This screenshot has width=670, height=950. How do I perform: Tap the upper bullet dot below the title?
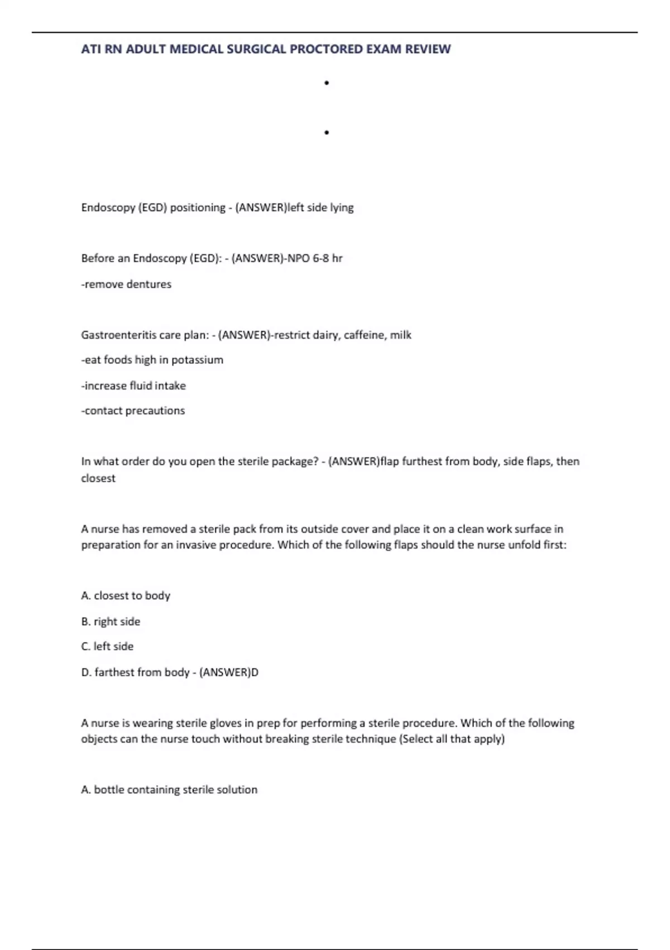(x=327, y=83)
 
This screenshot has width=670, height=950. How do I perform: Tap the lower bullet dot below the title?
(x=327, y=132)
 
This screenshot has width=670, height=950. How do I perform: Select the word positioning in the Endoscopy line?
(x=198, y=207)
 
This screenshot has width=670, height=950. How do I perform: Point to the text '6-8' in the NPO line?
(x=320, y=258)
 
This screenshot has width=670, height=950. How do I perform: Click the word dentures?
(x=149, y=284)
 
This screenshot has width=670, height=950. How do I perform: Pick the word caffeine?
(x=365, y=335)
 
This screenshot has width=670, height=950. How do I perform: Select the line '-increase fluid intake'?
(x=133, y=386)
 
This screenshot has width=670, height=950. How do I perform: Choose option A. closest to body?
(x=126, y=596)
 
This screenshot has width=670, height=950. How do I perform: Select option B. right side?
(x=111, y=621)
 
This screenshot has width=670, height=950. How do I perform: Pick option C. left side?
(x=107, y=647)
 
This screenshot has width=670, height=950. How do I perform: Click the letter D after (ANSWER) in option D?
(x=255, y=672)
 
